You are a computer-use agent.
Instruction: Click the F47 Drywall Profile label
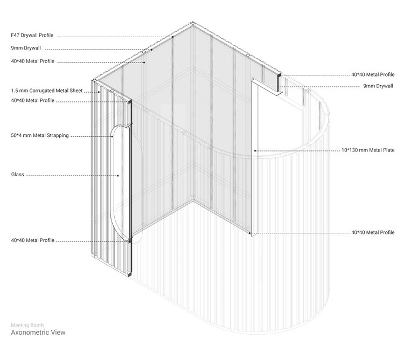(32, 36)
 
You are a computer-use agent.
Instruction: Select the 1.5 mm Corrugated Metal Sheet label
(47, 91)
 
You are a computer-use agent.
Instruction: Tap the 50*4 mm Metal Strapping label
(40, 136)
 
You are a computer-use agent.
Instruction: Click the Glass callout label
(18, 175)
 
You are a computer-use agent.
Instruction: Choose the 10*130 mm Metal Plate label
(368, 150)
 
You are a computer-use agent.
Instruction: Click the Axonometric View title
(38, 333)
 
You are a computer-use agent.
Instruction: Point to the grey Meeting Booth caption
(27, 325)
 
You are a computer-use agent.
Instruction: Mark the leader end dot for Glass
(119, 176)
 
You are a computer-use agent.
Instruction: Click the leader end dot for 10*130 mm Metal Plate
(255, 151)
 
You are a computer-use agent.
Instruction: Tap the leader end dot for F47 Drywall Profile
(172, 37)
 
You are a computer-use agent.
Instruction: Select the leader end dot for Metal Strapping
(113, 136)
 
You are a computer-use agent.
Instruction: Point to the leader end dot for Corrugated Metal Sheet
(99, 92)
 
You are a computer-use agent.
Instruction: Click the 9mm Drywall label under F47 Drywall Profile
(26, 48)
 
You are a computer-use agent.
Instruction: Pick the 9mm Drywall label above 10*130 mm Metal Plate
(378, 86)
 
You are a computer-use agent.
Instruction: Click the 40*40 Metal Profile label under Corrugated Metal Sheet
(33, 100)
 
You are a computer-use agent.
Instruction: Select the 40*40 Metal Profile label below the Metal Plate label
(373, 232)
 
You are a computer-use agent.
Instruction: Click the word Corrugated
(41, 91)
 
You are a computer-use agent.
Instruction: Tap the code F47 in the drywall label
(15, 36)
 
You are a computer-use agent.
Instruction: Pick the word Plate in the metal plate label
(389, 150)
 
